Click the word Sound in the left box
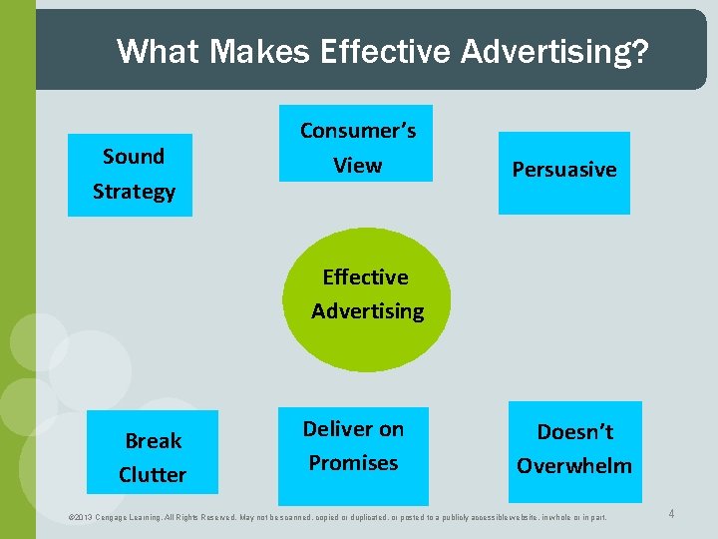pyautogui.click(x=134, y=157)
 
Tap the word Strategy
pyautogui.click(x=134, y=192)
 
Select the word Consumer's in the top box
pyautogui.click(x=358, y=131)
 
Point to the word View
pyautogui.click(x=358, y=166)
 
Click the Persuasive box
pyautogui.click(x=564, y=171)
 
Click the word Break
pyautogui.click(x=153, y=441)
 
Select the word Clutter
pyautogui.click(x=153, y=475)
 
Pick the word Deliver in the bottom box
pyautogui.click(x=353, y=429)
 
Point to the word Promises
pyautogui.click(x=353, y=463)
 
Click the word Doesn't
pyautogui.click(x=574, y=432)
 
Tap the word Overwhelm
pyautogui.click(x=574, y=466)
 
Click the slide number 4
pyautogui.click(x=671, y=514)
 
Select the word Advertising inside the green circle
pyautogui.click(x=367, y=311)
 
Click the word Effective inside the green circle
pyautogui.click(x=365, y=277)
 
